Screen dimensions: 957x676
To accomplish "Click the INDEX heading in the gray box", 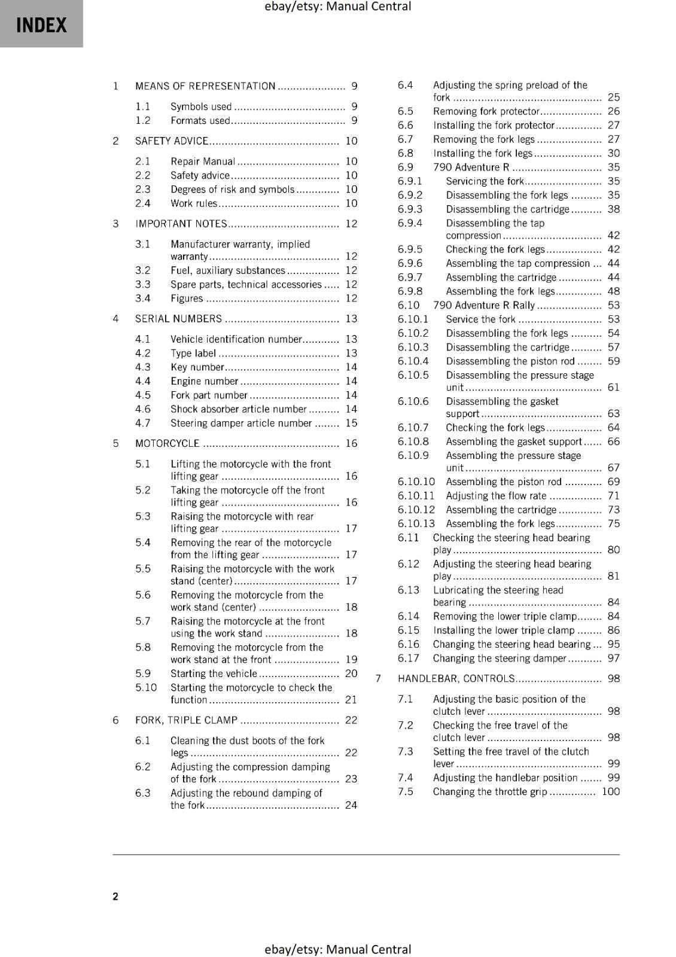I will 41,25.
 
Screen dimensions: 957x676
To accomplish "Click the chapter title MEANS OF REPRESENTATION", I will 205,86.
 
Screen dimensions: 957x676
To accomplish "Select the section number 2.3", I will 142,189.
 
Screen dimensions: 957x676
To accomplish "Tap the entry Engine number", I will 205,381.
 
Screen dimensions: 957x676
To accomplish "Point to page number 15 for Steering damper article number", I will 351,423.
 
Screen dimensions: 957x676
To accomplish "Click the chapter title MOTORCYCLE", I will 167,443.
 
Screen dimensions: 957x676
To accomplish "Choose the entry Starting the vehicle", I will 214,673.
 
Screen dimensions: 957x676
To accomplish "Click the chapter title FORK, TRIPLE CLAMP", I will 186,720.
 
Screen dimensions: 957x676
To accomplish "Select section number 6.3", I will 142,793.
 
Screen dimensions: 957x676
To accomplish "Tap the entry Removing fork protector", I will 486,111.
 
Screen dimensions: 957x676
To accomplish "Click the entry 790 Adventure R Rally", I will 484,305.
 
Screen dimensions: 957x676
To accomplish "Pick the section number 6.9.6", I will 410,263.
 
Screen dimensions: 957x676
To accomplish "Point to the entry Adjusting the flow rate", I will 496,496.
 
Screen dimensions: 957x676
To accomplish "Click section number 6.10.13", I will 416,523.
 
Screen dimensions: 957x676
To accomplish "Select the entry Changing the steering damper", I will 500,658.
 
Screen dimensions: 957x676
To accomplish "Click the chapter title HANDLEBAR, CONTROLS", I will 456,678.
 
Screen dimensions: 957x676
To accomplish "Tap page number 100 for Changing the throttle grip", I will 611,791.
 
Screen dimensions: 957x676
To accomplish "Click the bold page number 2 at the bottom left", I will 115,896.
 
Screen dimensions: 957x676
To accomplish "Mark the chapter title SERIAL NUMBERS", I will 178,319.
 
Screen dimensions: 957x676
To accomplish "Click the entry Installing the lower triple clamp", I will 504,630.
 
